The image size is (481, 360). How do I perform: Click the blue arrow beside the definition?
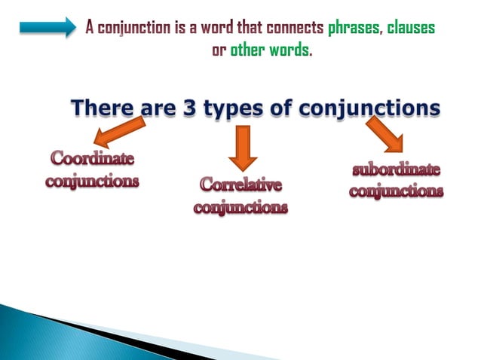click(x=47, y=28)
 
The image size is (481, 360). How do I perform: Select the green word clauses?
click(x=412, y=29)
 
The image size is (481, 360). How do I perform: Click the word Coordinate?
click(x=92, y=160)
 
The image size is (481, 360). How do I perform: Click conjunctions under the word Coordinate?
click(x=92, y=182)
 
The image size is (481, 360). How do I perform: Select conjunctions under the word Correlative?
click(x=240, y=207)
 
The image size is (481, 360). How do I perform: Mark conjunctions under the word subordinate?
click(x=396, y=191)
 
